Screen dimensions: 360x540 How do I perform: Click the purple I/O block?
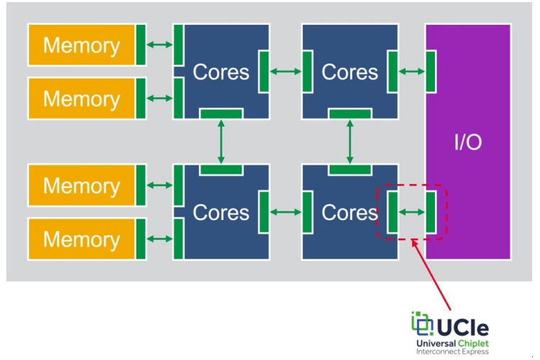(x=468, y=141)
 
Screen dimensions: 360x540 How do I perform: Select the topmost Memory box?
(x=81, y=45)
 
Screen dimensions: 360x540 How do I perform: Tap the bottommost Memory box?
(x=81, y=239)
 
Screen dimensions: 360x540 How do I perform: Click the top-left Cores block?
(x=221, y=72)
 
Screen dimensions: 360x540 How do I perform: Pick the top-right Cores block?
(x=349, y=72)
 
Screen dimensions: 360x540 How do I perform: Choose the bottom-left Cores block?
(x=221, y=212)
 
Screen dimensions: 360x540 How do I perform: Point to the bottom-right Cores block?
(x=349, y=212)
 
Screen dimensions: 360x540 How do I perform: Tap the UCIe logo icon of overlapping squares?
(x=422, y=323)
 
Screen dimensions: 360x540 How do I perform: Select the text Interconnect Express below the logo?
(x=453, y=351)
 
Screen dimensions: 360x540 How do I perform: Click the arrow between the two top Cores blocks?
(x=286, y=72)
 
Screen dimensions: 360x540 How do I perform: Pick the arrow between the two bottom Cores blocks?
(x=286, y=212)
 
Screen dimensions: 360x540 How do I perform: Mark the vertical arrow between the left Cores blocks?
(x=221, y=141)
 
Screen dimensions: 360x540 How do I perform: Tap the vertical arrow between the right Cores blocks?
(x=349, y=141)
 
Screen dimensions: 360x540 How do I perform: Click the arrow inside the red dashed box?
(x=411, y=212)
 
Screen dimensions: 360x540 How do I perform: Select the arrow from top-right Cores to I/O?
(x=411, y=72)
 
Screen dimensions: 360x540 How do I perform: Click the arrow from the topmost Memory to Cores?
(x=160, y=45)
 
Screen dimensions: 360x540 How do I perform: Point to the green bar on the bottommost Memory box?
(x=141, y=239)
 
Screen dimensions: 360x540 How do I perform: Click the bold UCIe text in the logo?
(x=463, y=327)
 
